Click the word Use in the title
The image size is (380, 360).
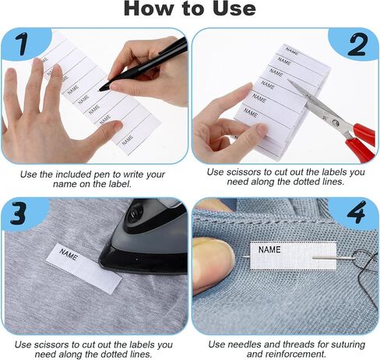234,9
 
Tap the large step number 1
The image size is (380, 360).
21,44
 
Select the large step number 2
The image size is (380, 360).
357,44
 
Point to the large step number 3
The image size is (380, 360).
18,213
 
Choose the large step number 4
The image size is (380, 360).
357,213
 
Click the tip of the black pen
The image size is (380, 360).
100,90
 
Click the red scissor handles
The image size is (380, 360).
361,142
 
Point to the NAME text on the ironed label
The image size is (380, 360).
69,255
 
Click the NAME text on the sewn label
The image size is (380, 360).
269,249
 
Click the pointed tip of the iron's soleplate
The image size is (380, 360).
100,263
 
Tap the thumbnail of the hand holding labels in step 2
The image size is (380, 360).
262,130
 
